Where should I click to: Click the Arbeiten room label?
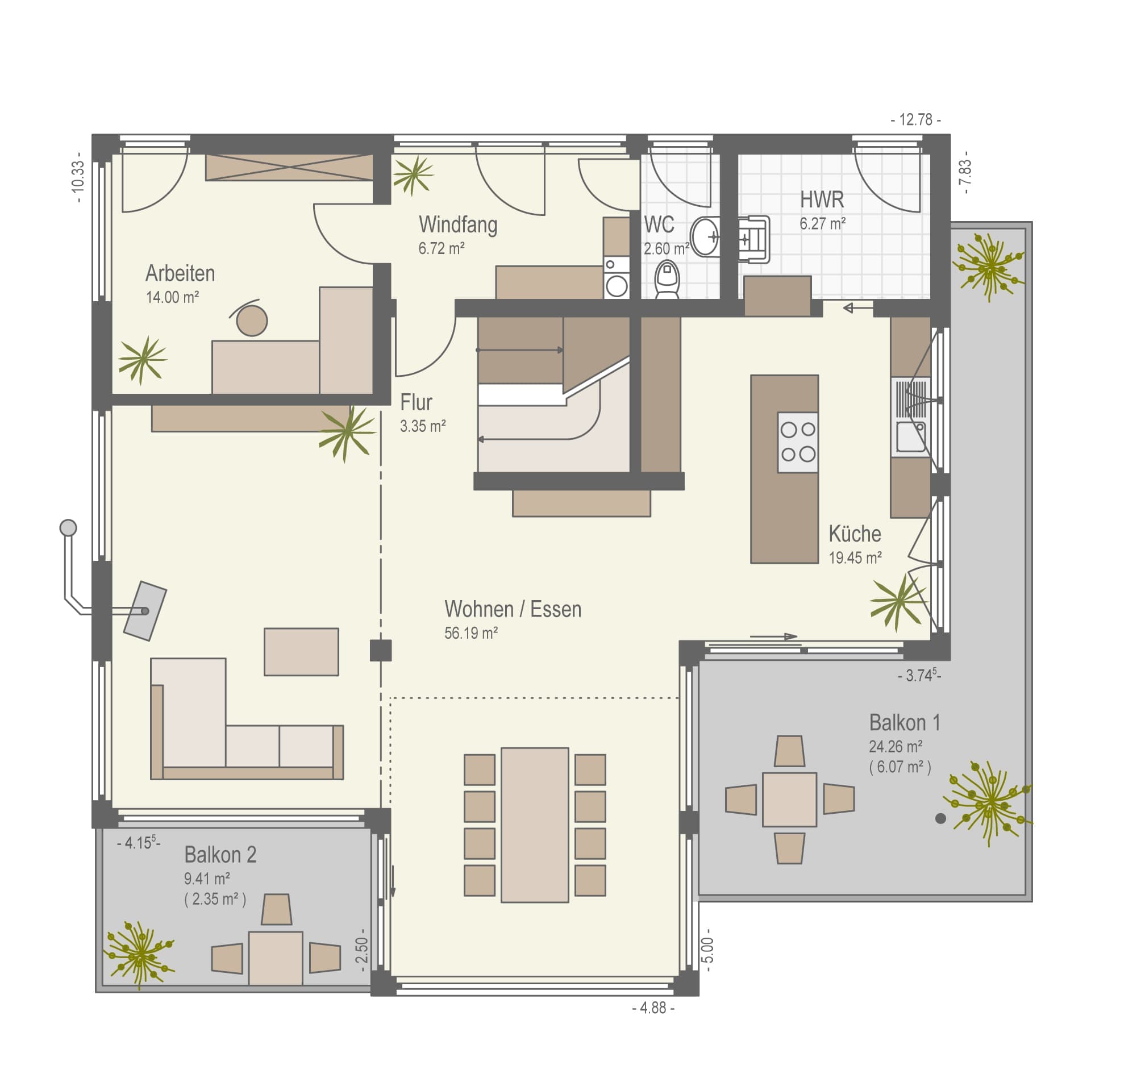point(180,273)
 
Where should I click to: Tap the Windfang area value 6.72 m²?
point(442,249)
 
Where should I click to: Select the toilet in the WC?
point(667,279)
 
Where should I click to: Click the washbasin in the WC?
point(705,236)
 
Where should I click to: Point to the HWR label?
point(822,200)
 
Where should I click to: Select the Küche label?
point(854,534)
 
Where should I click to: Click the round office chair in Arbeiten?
point(252,320)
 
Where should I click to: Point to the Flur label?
point(416,402)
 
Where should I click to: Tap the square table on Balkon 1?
point(789,800)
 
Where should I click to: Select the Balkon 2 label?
point(220,855)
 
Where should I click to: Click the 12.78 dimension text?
point(915,120)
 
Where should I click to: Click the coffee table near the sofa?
point(301,652)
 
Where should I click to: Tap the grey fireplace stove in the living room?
point(145,611)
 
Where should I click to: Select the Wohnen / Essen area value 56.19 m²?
point(470,633)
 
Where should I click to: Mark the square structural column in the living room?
point(380,651)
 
